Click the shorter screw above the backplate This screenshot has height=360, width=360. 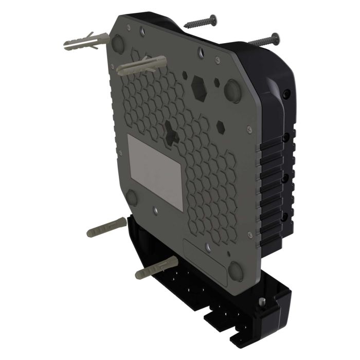tap(200, 22)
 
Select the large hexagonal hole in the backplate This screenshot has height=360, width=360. tap(199, 88)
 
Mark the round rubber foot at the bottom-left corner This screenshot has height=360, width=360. tap(132, 197)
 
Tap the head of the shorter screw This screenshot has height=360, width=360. tap(212, 20)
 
